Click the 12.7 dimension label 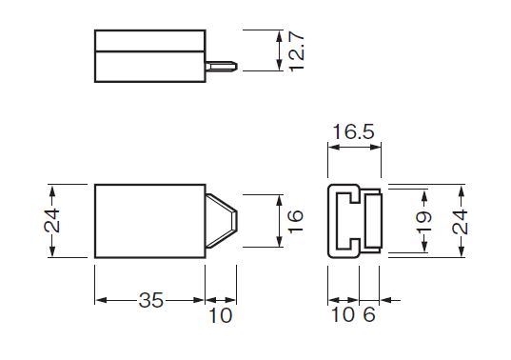click(297, 51)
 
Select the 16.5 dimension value click(354, 132)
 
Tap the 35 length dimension click(151, 300)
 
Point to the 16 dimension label click(296, 221)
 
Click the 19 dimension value click(424, 223)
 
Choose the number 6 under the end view click(369, 314)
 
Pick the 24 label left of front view click(52, 220)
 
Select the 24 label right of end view click(461, 223)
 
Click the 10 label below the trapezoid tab click(221, 315)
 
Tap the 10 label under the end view click(343, 314)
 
